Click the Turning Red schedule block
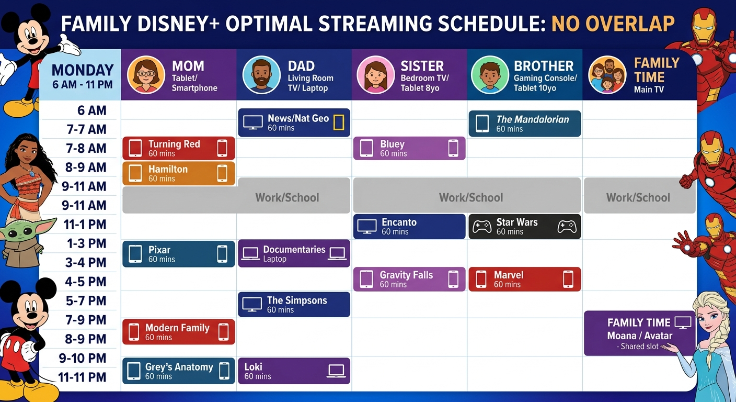point(178,148)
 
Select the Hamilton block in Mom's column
point(178,173)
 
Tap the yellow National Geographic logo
point(339,122)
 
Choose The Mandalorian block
point(524,124)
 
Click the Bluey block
point(409,148)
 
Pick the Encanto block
point(409,226)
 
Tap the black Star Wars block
point(524,226)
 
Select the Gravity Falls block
point(409,279)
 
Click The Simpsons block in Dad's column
point(294,305)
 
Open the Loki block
point(294,371)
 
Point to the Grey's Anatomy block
point(178,371)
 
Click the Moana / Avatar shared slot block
point(639,333)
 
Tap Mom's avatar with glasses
point(146,74)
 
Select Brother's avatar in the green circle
point(489,75)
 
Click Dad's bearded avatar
point(261,75)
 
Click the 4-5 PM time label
point(86,282)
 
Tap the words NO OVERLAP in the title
point(613,24)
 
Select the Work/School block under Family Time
point(639,198)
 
